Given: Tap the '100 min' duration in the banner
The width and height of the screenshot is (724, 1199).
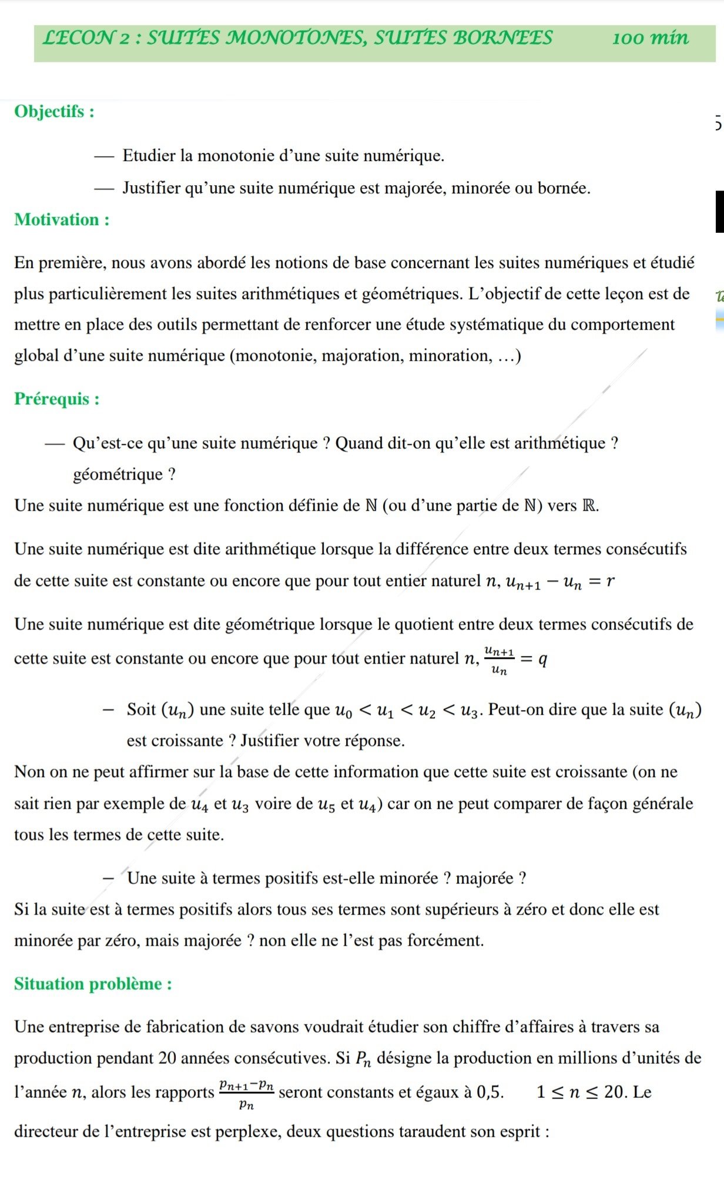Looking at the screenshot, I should (x=650, y=38).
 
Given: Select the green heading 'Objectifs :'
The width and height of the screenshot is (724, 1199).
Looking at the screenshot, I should (x=54, y=111).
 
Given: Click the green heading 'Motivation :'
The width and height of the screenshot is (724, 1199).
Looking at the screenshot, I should (x=62, y=220).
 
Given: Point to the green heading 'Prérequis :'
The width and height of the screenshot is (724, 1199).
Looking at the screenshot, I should (x=56, y=398).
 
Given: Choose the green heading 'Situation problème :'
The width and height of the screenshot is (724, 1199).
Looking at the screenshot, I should (x=93, y=983).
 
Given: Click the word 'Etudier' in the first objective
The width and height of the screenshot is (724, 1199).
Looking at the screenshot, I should (x=149, y=156).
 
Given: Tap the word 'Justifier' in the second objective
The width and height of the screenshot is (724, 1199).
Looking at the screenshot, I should (x=152, y=188).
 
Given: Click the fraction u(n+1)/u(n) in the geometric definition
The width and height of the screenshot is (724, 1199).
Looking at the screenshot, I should (x=499, y=659).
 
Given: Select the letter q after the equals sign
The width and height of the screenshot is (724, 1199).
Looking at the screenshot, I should (x=542, y=659).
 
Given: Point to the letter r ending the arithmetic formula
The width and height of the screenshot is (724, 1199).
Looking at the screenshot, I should (x=611, y=581).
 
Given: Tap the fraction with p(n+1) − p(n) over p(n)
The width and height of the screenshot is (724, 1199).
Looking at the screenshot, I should (x=246, y=1093).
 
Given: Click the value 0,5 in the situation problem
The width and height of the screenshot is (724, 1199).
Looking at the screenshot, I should (x=489, y=1092).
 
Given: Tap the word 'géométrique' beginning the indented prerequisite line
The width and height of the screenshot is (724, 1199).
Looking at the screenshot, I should (x=118, y=474).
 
